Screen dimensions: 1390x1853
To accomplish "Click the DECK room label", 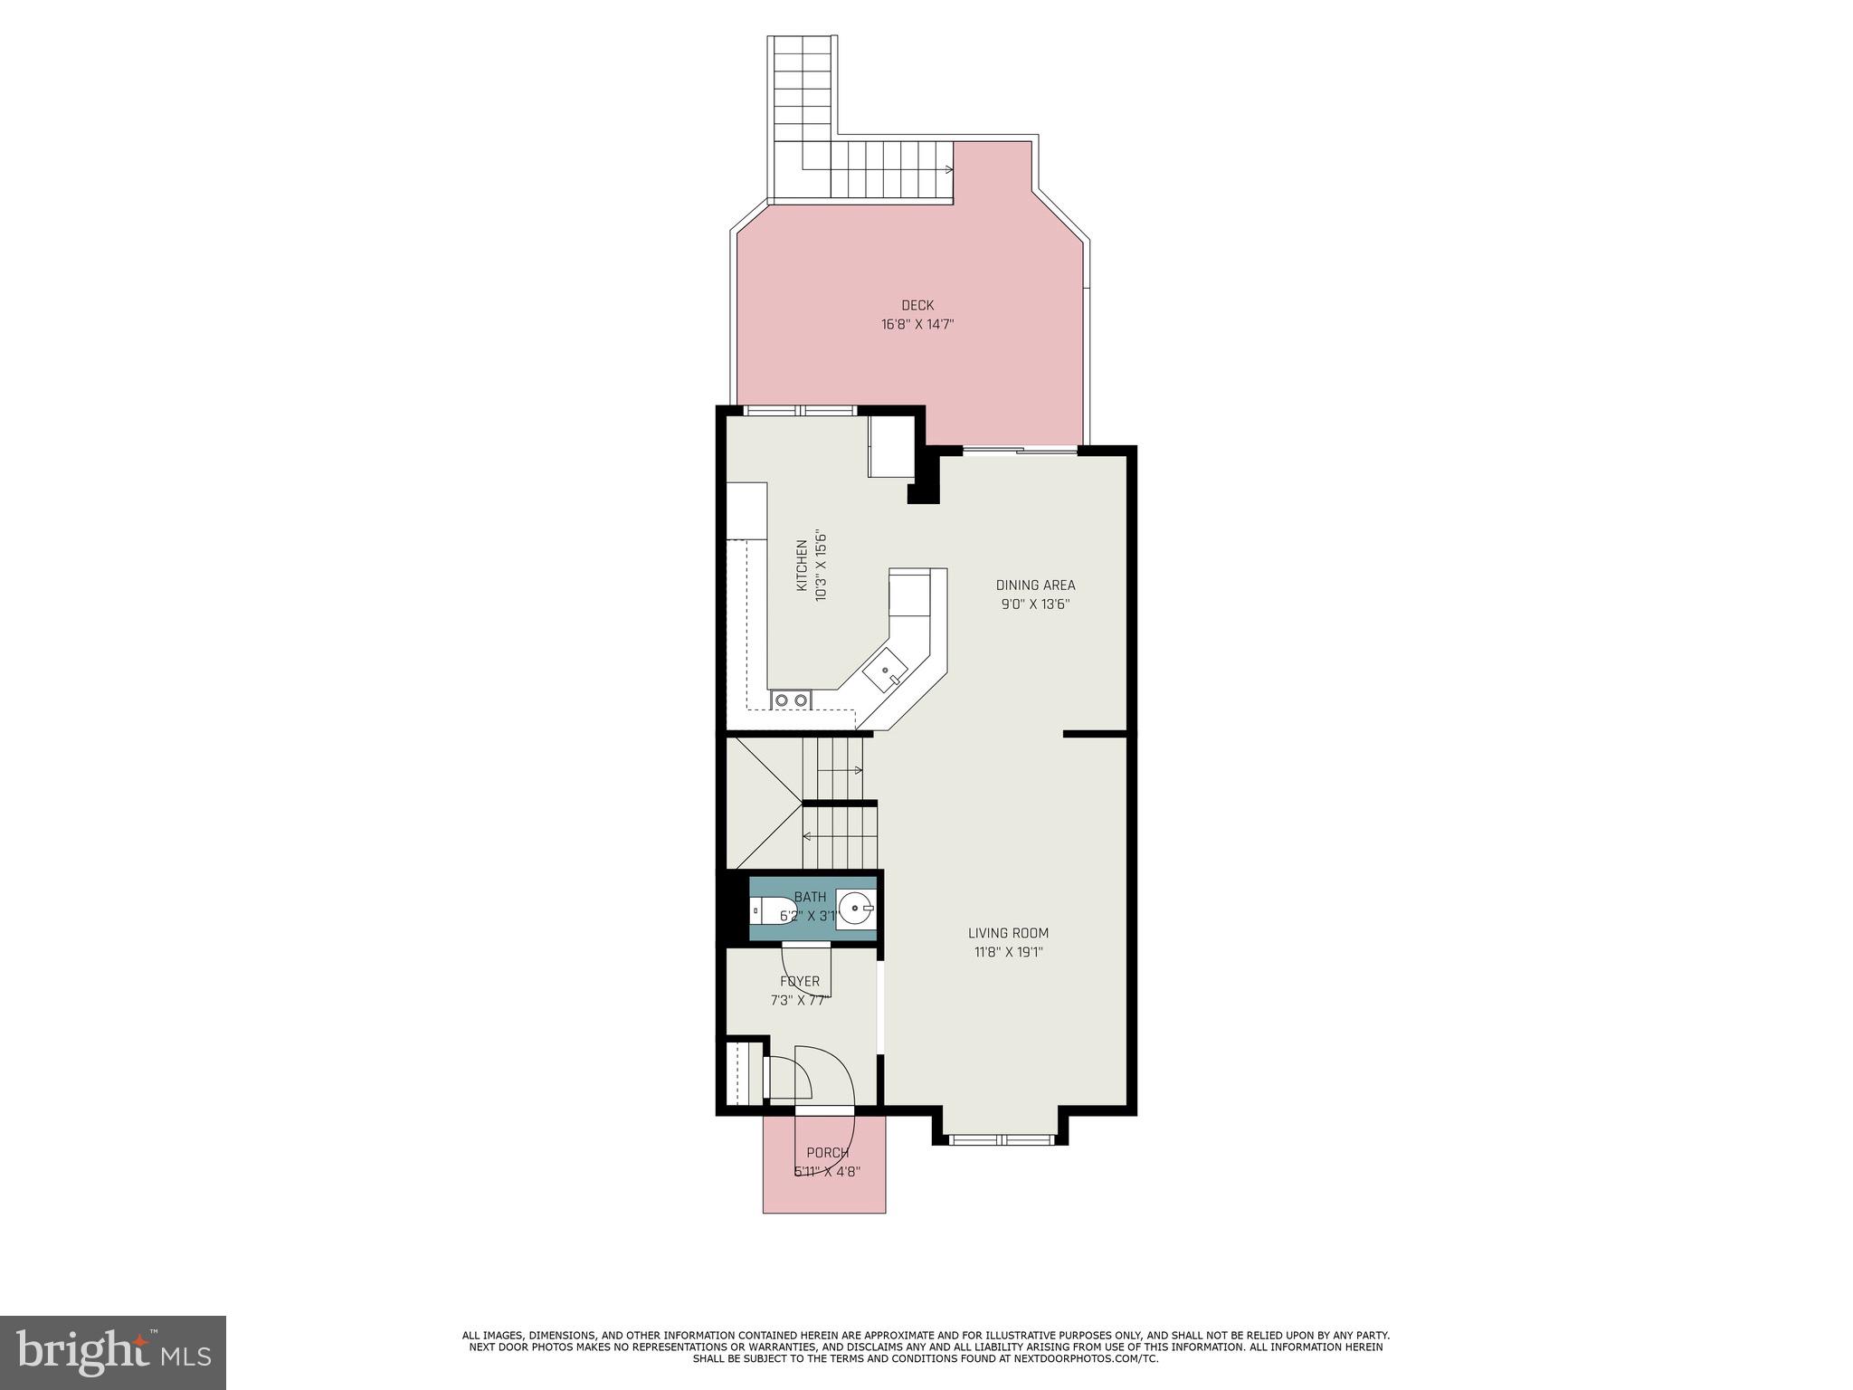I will point(917,305).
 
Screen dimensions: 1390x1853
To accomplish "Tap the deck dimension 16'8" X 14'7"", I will point(917,324).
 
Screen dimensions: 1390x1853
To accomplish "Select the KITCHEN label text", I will point(802,566).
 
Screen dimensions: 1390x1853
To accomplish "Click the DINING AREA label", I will point(1035,586).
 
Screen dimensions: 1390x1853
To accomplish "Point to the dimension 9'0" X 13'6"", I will point(1035,605).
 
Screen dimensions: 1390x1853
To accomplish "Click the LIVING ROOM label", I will point(1008,933).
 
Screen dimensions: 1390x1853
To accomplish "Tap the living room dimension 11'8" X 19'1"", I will point(1008,952).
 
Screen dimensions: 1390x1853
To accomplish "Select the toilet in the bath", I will point(768,910).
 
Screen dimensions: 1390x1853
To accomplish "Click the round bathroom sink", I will point(854,906).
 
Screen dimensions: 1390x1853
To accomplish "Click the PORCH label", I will point(827,1153).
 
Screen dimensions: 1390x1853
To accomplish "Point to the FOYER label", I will point(800,982).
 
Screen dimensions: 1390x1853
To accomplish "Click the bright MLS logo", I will point(113,1352).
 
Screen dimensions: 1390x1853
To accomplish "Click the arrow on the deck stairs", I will point(946,169).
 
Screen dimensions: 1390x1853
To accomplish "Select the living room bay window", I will point(1002,1140).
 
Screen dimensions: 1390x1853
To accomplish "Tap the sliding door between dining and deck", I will point(1020,449).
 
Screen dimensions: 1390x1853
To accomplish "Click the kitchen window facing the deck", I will point(800,411).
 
